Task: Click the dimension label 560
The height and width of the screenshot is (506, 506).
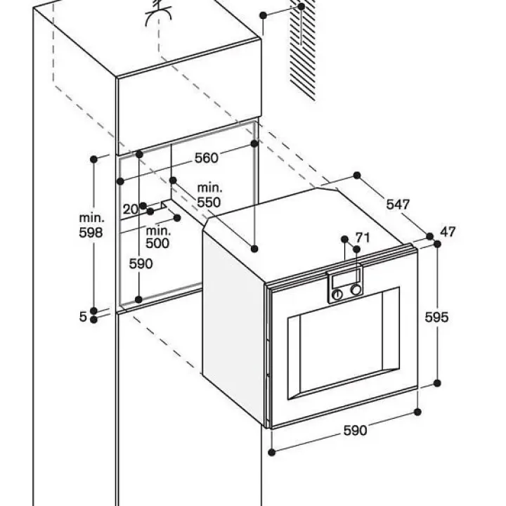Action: pos(206,158)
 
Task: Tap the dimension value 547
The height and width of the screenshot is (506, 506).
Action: pos(397,205)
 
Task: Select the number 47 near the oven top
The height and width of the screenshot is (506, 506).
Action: pos(448,232)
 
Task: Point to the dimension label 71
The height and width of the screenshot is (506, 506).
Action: pos(363,237)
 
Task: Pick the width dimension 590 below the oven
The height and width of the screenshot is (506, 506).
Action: pos(355,430)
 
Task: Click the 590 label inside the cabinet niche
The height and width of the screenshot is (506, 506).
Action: pos(141,264)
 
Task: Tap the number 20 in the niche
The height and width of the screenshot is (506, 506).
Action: pos(131,209)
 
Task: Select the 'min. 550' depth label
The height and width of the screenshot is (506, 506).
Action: pos(209,195)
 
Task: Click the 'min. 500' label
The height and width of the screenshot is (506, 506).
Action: pos(157,237)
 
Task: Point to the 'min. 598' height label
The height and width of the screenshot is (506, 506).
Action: pos(91,226)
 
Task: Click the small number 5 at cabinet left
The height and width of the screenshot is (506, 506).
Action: pos(83,317)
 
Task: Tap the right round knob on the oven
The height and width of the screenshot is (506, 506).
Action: pos(357,290)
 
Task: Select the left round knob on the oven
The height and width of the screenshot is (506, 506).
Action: pos(338,294)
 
